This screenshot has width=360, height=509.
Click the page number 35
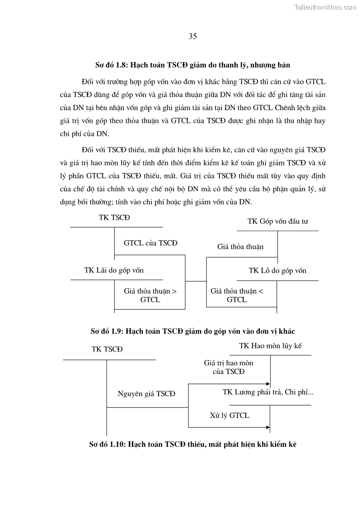pos(192,37)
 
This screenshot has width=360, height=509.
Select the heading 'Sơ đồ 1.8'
pos(193,65)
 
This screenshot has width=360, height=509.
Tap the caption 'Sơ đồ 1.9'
pos(193,331)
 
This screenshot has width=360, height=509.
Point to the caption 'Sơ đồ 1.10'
pos(193,445)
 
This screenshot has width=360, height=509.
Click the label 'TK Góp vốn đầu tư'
pos(278,221)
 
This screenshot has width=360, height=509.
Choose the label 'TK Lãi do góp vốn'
pos(114,270)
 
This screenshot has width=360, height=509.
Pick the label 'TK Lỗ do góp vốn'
pos(277,271)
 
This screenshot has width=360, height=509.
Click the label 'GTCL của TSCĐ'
pos(151,243)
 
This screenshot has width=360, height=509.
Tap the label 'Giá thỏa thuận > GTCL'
pos(150,295)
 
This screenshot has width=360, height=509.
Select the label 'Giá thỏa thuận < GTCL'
pos(237,295)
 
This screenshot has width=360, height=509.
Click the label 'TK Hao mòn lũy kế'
pos(271,346)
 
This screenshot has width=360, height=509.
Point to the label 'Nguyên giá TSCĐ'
pos(146,393)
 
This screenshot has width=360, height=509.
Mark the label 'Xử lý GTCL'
pos(229,415)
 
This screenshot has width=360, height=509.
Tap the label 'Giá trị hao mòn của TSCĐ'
pos(229,367)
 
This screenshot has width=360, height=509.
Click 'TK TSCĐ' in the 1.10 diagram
pos(107,349)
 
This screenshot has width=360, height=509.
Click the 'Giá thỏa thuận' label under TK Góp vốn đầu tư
pos(240,247)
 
